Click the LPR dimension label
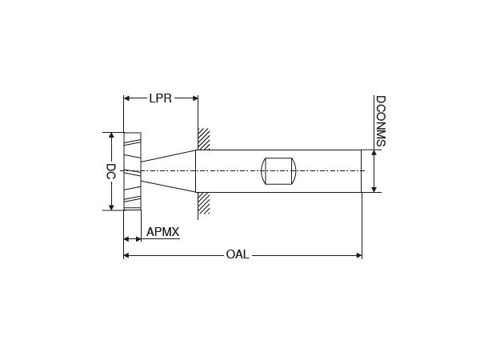(x=161, y=98)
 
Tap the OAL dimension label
(x=238, y=255)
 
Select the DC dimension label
(x=111, y=171)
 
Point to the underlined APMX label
(x=162, y=233)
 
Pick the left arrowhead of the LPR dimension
(x=127, y=98)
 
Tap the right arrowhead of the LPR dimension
(x=194, y=98)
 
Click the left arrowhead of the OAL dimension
(x=127, y=255)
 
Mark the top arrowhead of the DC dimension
(x=111, y=137)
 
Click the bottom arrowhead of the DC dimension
(x=111, y=206)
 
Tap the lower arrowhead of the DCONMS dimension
(x=374, y=188)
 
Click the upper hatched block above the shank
(x=204, y=139)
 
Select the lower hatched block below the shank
(x=204, y=202)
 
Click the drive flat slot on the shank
(x=278, y=171)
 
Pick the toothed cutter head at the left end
(x=132, y=171)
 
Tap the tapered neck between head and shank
(x=169, y=171)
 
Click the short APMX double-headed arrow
(x=132, y=238)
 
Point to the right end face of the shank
(x=362, y=171)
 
